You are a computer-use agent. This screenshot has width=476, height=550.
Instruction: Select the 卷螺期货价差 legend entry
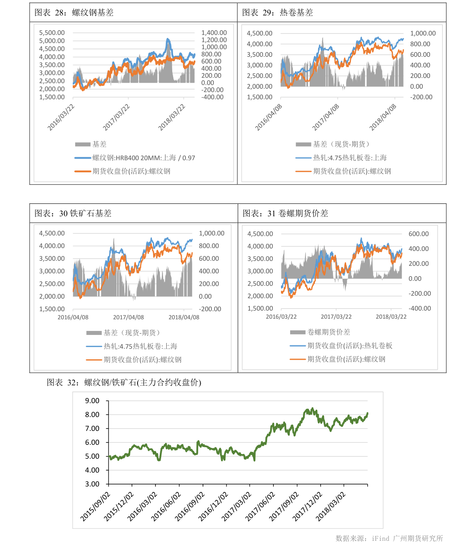329,332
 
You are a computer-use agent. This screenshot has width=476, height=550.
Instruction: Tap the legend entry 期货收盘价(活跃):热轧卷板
350,346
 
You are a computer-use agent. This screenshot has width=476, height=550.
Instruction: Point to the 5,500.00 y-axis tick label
52,33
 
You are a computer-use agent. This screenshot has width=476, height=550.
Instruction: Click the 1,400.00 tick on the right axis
214,33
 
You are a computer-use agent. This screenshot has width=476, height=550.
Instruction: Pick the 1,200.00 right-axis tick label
214,40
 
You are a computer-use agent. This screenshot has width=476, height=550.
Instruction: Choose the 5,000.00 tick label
52,41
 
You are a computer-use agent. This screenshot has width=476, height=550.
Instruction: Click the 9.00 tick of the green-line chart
92,401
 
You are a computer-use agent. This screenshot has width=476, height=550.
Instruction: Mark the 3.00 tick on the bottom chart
92,484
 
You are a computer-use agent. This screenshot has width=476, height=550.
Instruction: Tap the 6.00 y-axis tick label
92,442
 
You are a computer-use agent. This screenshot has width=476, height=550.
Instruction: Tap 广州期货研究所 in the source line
418,538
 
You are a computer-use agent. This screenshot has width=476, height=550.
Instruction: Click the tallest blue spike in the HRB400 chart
167,39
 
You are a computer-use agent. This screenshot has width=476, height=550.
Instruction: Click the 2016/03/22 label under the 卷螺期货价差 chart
281,317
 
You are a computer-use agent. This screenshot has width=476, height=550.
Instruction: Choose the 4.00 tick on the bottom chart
92,470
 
